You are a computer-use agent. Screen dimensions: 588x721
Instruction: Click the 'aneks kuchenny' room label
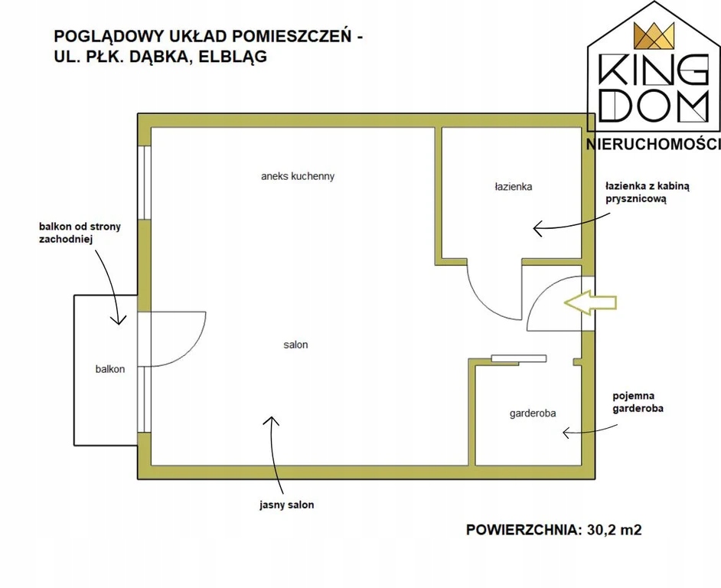(x=297, y=176)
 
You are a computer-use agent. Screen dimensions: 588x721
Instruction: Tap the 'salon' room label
(x=295, y=345)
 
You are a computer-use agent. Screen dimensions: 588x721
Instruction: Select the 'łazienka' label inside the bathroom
(x=513, y=186)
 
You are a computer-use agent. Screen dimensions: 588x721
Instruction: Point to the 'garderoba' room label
(x=532, y=413)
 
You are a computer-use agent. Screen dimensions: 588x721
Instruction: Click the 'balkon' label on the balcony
(x=110, y=369)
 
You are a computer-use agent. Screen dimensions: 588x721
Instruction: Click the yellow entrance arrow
(x=590, y=302)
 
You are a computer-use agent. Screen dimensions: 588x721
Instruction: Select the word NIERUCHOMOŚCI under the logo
(x=653, y=145)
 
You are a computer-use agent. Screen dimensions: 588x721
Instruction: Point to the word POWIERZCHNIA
(x=523, y=529)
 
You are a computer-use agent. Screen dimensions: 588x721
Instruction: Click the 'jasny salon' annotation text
(x=286, y=505)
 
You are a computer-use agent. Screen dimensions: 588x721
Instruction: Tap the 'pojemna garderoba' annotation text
(x=638, y=403)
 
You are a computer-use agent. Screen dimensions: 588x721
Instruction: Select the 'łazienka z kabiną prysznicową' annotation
(x=647, y=192)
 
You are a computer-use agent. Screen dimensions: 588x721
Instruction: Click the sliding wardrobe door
(x=518, y=358)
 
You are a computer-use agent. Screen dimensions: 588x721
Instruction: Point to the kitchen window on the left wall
(x=145, y=182)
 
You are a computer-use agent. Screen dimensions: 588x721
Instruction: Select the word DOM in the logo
(x=652, y=108)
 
